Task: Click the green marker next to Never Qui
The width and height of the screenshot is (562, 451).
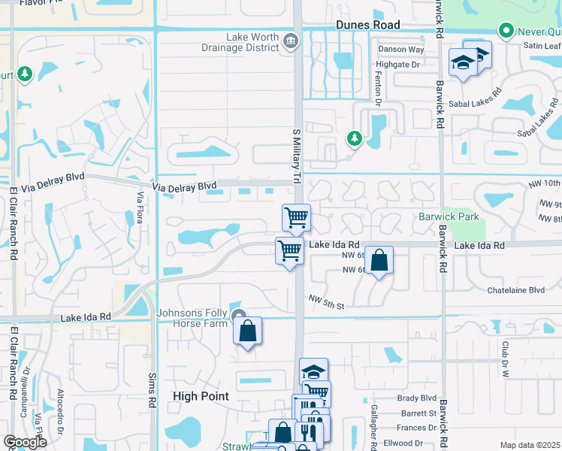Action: coord(506,31)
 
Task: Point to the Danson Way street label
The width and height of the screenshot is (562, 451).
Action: coord(401,50)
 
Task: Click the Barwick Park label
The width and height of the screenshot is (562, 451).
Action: coord(448,217)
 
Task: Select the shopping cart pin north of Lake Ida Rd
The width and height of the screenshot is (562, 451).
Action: coord(297,218)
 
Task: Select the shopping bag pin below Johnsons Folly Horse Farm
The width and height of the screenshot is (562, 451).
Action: coord(247,331)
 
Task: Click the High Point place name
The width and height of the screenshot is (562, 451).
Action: coord(200,396)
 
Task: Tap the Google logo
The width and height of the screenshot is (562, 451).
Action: coord(25,442)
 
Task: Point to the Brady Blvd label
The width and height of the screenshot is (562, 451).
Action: coord(418,398)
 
